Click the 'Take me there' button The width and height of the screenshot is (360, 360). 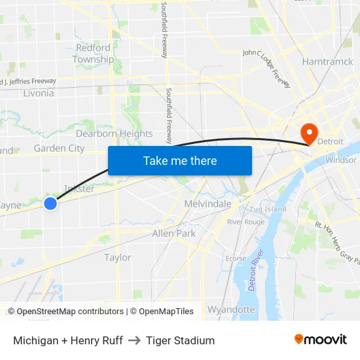pyautogui.click(x=180, y=160)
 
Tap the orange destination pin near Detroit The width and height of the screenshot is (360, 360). pyautogui.click(x=309, y=133)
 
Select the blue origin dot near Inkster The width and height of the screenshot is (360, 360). pyautogui.click(x=50, y=204)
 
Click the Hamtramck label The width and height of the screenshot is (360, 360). pyautogui.click(x=328, y=61)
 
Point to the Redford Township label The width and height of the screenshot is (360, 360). pyautogui.click(x=93, y=54)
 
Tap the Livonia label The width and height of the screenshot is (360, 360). pyautogui.click(x=38, y=93)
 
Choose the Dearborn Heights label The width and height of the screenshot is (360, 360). pyautogui.click(x=115, y=134)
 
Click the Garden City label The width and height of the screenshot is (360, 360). pyautogui.click(x=59, y=148)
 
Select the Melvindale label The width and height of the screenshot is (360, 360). pyautogui.click(x=208, y=204)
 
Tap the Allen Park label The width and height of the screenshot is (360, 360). pyautogui.click(x=173, y=233)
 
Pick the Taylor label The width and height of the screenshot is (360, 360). pyautogui.click(x=118, y=257)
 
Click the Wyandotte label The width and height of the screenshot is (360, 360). pyautogui.click(x=231, y=309)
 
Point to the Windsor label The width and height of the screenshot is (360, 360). pyautogui.click(x=341, y=160)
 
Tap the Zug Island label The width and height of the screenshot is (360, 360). pyautogui.click(x=267, y=209)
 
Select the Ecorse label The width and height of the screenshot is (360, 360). pyautogui.click(x=236, y=258)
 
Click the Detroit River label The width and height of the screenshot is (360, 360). pyautogui.click(x=255, y=270)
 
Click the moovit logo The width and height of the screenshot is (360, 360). pyautogui.click(x=321, y=340)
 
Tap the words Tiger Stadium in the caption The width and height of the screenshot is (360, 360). pyautogui.click(x=181, y=340)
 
